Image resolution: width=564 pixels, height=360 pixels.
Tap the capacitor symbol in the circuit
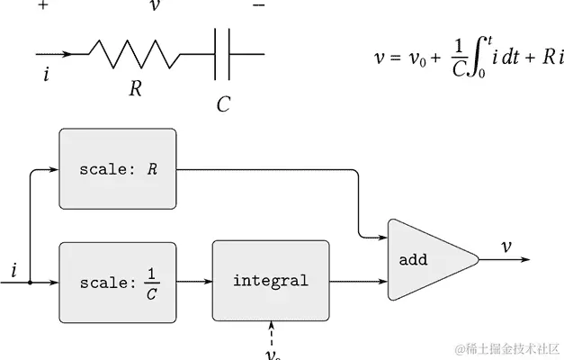pos(223,54)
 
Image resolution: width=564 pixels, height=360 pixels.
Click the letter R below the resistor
pos(136,88)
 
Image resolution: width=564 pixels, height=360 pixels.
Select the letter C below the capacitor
pos(223,103)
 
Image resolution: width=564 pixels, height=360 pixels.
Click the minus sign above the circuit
pos(259,5)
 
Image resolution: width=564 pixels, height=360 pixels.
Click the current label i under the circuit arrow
pos(46,75)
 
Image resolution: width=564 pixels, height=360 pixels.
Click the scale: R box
pos(117,169)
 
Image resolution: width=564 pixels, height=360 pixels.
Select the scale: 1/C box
pos(117,281)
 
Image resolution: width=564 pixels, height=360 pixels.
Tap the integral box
pos(270,281)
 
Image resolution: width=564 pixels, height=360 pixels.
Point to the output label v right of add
pos(506,247)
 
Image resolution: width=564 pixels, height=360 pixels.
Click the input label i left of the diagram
pos(13,269)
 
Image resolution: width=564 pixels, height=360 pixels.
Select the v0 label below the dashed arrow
pos(273,354)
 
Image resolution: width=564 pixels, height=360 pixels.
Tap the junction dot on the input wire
pos(31,282)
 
